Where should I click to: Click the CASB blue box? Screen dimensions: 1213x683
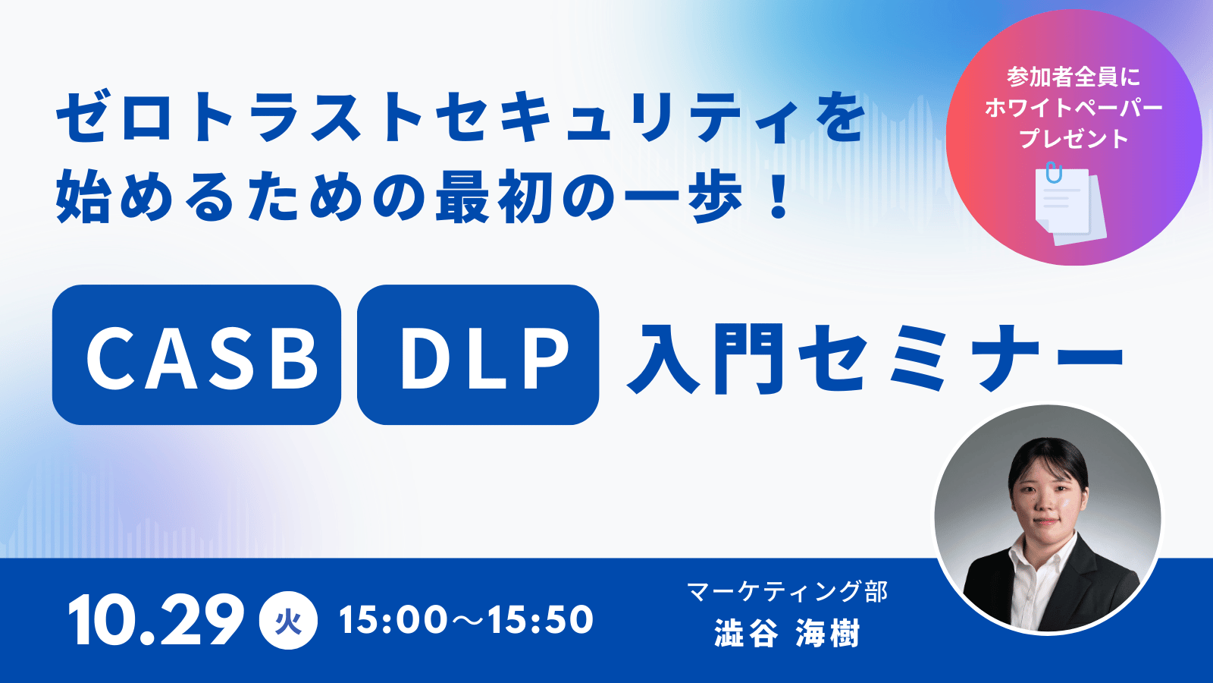click(x=196, y=354)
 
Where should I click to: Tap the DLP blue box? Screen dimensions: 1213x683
click(x=478, y=354)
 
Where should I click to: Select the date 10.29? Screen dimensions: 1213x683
click(x=156, y=619)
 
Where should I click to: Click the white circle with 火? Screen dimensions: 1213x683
click(x=288, y=620)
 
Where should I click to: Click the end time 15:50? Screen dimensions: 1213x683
click(x=541, y=619)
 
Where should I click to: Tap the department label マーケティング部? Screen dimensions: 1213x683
click(x=788, y=591)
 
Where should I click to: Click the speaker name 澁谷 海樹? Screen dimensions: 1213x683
click(x=788, y=633)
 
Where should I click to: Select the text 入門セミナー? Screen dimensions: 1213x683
click(x=875, y=358)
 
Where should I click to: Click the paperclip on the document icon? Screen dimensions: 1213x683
click(x=1054, y=172)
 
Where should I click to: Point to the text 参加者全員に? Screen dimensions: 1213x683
click(x=1074, y=77)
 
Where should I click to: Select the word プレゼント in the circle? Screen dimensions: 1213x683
click(x=1074, y=139)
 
